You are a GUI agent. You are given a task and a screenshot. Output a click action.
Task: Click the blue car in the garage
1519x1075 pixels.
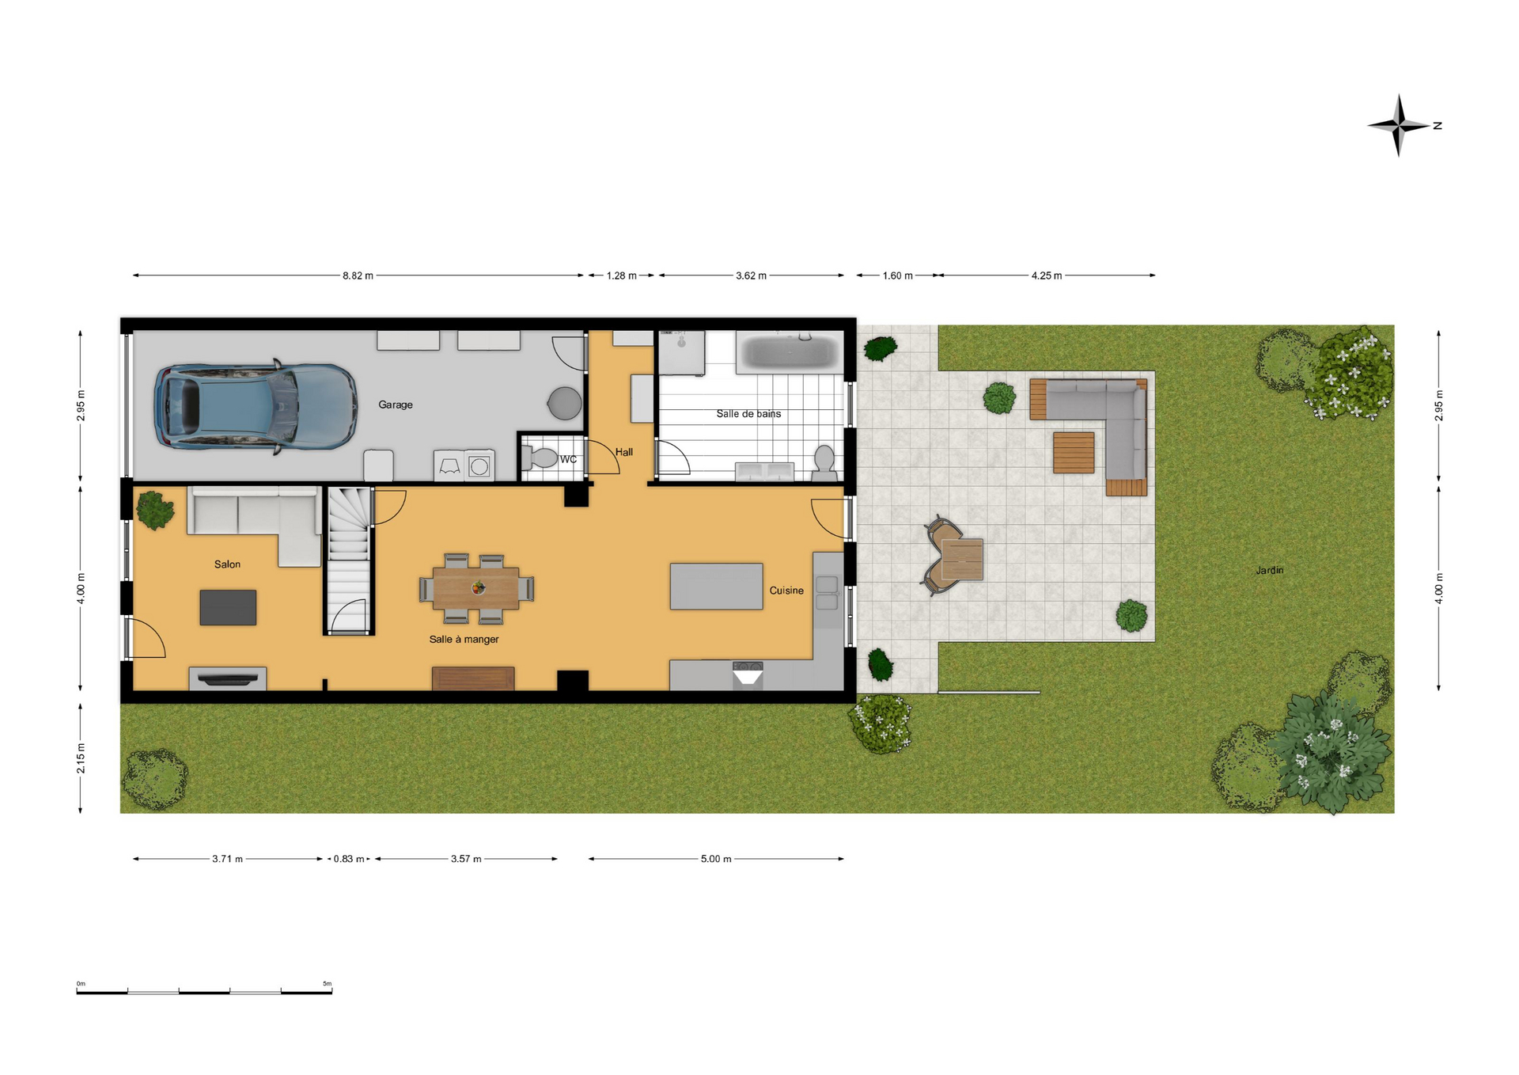point(256,408)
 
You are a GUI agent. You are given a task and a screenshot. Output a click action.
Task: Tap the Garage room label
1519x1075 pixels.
point(396,405)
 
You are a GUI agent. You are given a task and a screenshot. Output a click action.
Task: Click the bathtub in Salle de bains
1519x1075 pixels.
point(789,351)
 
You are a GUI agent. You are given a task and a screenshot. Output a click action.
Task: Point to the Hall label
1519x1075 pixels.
point(624,452)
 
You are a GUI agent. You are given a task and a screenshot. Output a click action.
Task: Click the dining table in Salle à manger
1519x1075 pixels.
point(476,588)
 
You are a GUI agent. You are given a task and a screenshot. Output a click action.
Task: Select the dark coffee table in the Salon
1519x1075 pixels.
point(228,607)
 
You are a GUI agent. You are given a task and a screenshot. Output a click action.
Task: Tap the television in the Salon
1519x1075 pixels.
point(228,678)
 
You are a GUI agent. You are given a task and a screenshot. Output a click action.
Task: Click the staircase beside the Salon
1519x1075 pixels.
point(349,560)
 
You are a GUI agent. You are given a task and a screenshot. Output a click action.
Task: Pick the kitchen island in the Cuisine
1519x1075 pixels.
point(716,586)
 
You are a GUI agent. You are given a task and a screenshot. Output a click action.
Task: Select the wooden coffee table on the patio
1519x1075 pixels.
point(1074,452)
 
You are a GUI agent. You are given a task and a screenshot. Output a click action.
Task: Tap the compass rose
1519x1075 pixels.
point(1399,125)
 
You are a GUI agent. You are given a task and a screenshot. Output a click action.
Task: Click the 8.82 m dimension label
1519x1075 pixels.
point(358,275)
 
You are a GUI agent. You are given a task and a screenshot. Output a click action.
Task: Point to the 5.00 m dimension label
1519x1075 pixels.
point(716,859)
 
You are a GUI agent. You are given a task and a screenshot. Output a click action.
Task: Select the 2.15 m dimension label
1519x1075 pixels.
point(81,758)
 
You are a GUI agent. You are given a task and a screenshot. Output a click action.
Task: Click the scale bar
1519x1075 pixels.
point(204,991)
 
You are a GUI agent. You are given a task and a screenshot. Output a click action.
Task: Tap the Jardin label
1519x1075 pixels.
point(1270,570)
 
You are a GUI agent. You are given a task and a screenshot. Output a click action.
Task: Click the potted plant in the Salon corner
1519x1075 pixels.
point(155,510)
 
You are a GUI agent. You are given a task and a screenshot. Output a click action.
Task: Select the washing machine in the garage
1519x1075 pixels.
point(479,466)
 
